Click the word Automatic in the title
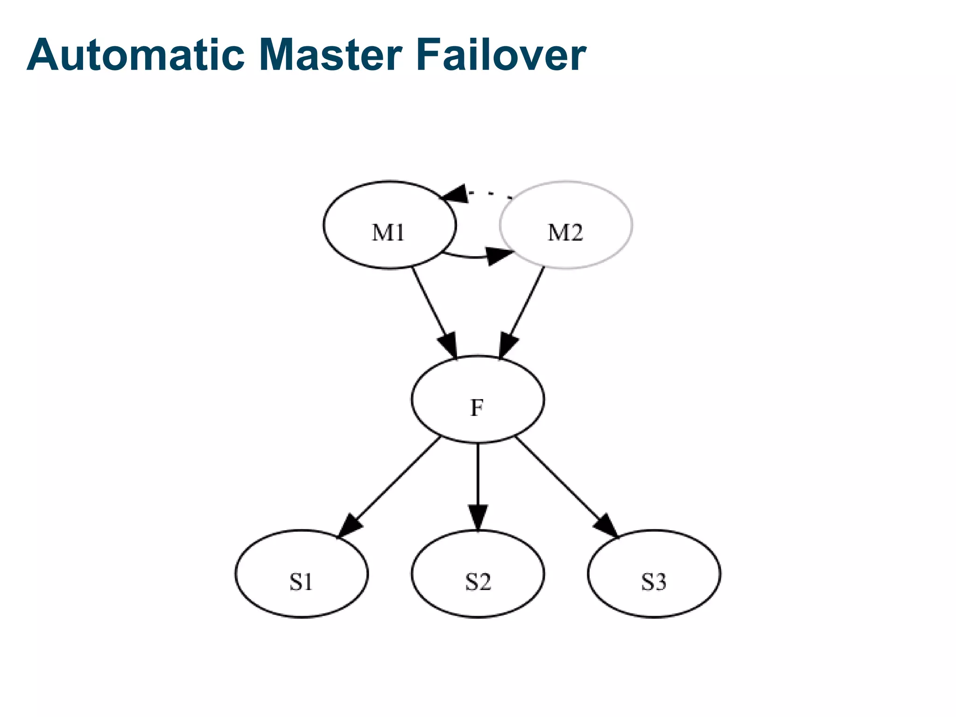pos(135,55)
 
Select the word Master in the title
pos(330,55)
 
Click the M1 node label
pos(388,232)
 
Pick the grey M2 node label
pos(565,232)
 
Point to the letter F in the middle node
pos(477,408)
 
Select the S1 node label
pos(301,582)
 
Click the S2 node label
pos(478,582)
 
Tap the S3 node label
pos(654,582)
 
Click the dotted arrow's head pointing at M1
pos(456,193)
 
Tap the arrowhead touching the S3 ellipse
pos(607,527)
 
